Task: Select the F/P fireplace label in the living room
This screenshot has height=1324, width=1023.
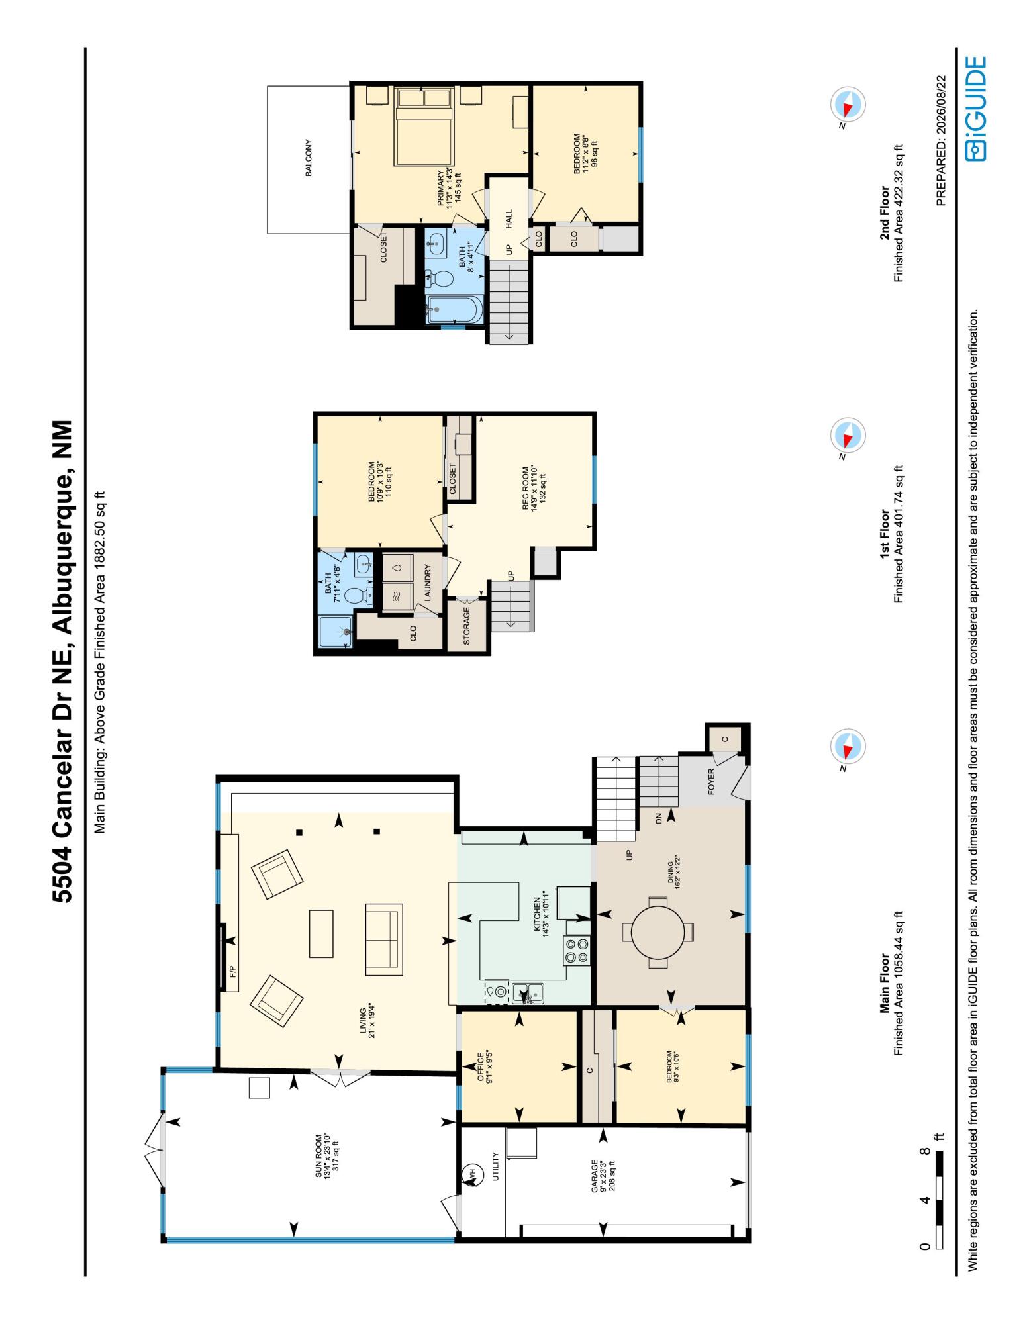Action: point(232,973)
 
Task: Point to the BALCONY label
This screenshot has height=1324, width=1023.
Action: point(309,158)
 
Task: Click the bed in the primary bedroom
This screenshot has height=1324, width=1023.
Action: point(424,126)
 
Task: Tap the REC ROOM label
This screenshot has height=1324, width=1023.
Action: point(526,489)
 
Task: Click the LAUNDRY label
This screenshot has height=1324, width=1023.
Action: point(428,583)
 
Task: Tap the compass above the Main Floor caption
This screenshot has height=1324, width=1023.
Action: point(848,749)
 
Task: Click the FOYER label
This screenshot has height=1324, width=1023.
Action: point(712,780)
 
